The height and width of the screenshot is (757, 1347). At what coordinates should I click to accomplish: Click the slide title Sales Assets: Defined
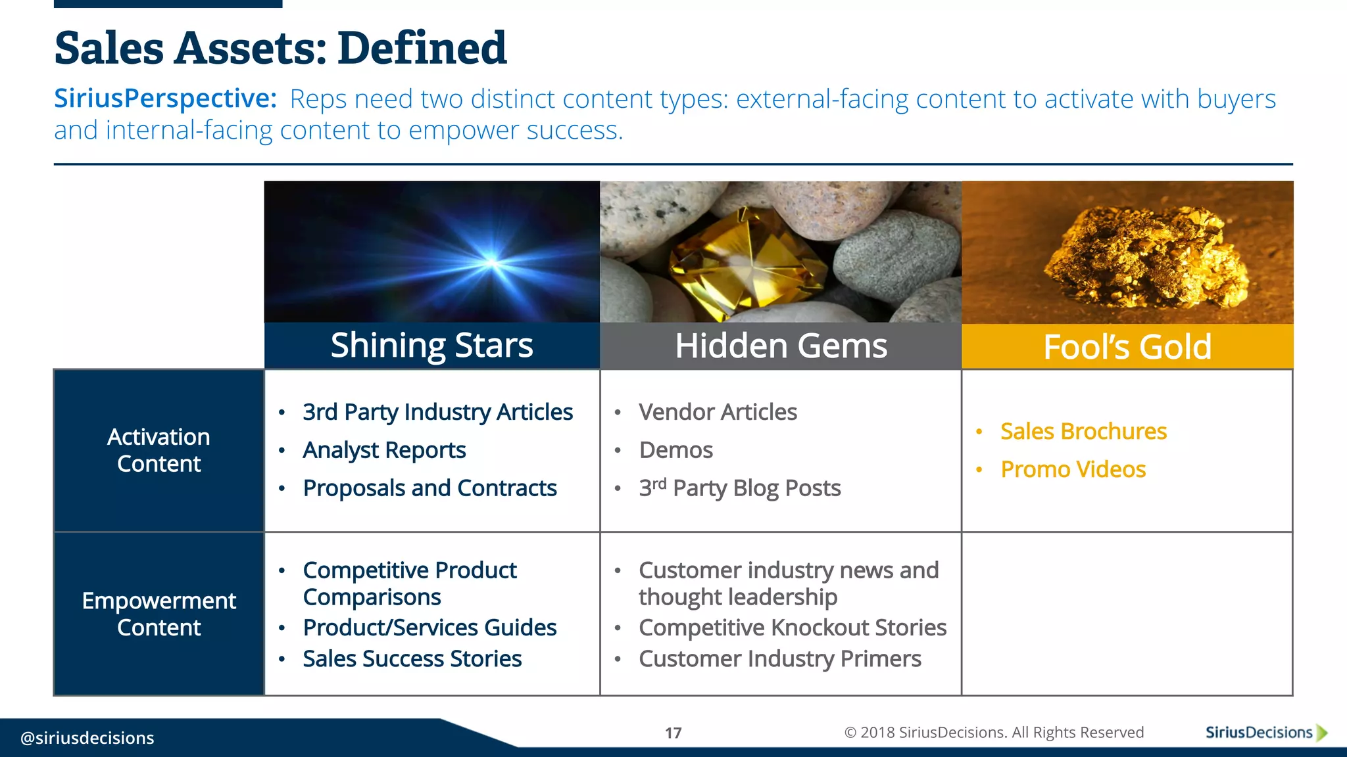tap(280, 48)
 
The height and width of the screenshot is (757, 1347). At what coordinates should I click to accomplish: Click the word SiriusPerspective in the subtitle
tap(165, 99)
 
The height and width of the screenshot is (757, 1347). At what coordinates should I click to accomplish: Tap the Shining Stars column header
tap(431, 346)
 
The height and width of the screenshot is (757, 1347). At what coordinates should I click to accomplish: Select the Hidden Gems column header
tap(781, 346)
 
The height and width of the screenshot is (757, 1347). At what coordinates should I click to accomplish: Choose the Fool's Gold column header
tap(1127, 346)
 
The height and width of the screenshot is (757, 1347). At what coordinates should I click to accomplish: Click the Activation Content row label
tap(159, 450)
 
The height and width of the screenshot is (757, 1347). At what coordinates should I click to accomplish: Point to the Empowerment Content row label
tap(159, 614)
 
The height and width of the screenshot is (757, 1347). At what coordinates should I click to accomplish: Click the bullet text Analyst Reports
tap(384, 450)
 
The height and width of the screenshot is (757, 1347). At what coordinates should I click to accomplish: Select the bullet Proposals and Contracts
tap(429, 488)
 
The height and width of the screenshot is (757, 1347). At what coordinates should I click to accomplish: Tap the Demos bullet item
tap(675, 450)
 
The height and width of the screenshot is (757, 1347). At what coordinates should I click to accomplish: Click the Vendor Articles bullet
tap(718, 412)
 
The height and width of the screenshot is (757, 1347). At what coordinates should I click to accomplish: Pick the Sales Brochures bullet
tap(1083, 431)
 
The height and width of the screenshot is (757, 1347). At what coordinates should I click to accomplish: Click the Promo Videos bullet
tap(1073, 469)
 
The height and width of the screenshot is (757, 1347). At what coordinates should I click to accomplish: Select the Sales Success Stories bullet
tap(412, 658)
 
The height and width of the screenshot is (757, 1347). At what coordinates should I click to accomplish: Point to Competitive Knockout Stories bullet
tap(792, 628)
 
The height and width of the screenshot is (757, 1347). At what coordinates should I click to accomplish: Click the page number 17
tap(673, 733)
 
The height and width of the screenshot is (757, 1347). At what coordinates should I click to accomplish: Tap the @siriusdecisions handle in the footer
tap(87, 738)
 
